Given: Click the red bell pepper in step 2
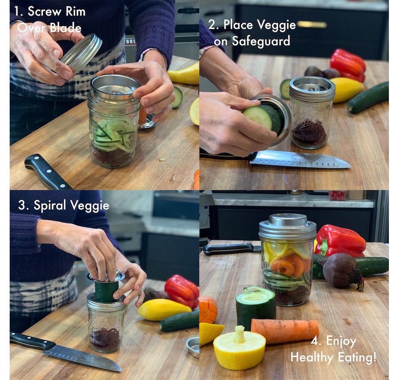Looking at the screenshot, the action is (348, 65).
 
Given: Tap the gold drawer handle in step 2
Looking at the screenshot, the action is (312, 24).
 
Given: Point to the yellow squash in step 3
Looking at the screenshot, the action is (164, 309).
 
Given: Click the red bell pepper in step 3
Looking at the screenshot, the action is (182, 290).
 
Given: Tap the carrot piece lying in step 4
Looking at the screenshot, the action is (285, 330).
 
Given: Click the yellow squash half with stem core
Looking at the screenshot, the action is (239, 347).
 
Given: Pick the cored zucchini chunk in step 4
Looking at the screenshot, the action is (255, 307).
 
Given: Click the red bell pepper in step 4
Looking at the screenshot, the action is (340, 241).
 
